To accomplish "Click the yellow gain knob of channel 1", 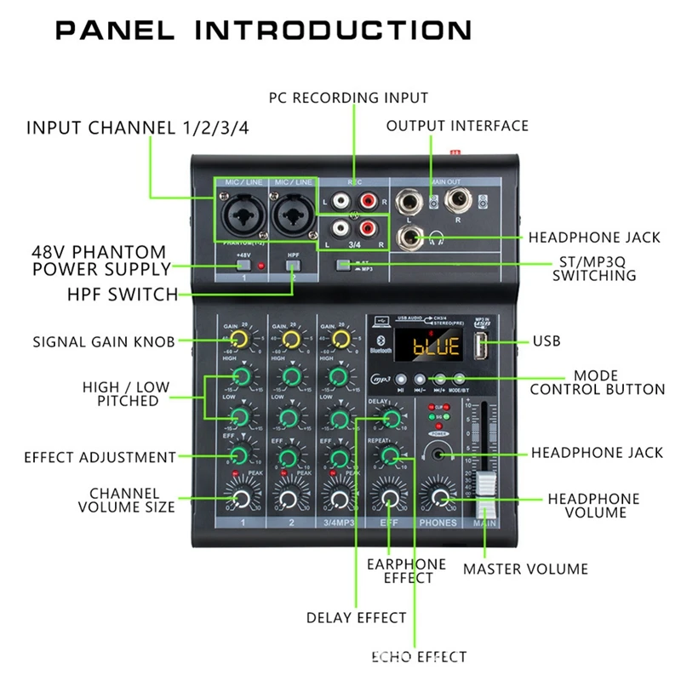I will pos(241,340).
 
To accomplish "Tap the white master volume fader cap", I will pos(486,492).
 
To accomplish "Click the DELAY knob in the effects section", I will pos(391,418).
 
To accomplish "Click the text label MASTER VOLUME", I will pos(525,569).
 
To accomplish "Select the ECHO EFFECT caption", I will pos(419,656).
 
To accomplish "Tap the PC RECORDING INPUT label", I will pos(348,98).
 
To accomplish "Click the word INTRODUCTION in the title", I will pos(334,31).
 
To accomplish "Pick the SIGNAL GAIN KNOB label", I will pos(104,342).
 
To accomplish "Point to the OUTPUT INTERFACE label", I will pos(457,126).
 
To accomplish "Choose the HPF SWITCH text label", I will pos(122,295).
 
